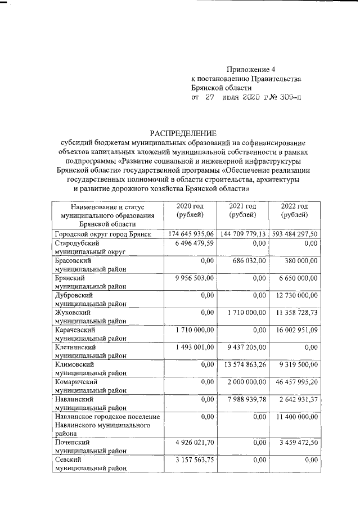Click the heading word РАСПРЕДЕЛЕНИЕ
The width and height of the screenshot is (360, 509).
pos(183,133)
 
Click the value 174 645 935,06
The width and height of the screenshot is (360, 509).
pos(192,234)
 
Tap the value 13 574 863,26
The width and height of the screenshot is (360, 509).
pos(245,365)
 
